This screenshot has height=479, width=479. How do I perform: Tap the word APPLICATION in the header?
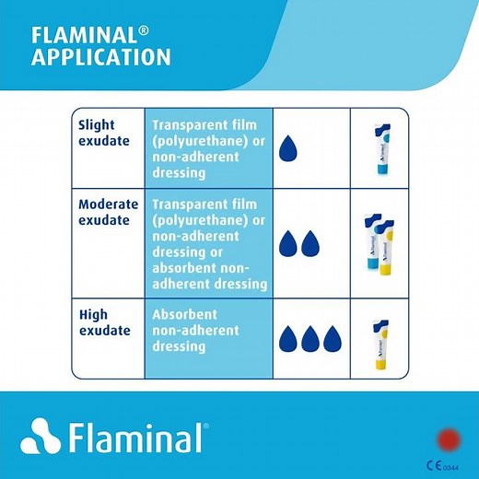(100, 57)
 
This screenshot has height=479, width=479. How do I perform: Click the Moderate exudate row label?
(108, 212)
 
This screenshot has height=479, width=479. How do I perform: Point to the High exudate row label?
(104, 322)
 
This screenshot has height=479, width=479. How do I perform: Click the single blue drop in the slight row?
(290, 148)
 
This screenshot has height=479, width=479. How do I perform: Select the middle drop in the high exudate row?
(310, 338)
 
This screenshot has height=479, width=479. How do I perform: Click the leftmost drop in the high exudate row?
(287, 338)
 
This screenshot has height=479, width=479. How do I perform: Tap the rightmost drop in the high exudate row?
(332, 338)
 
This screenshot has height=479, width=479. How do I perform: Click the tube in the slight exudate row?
(378, 149)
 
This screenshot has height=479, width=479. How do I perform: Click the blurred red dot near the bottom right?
(449, 438)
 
